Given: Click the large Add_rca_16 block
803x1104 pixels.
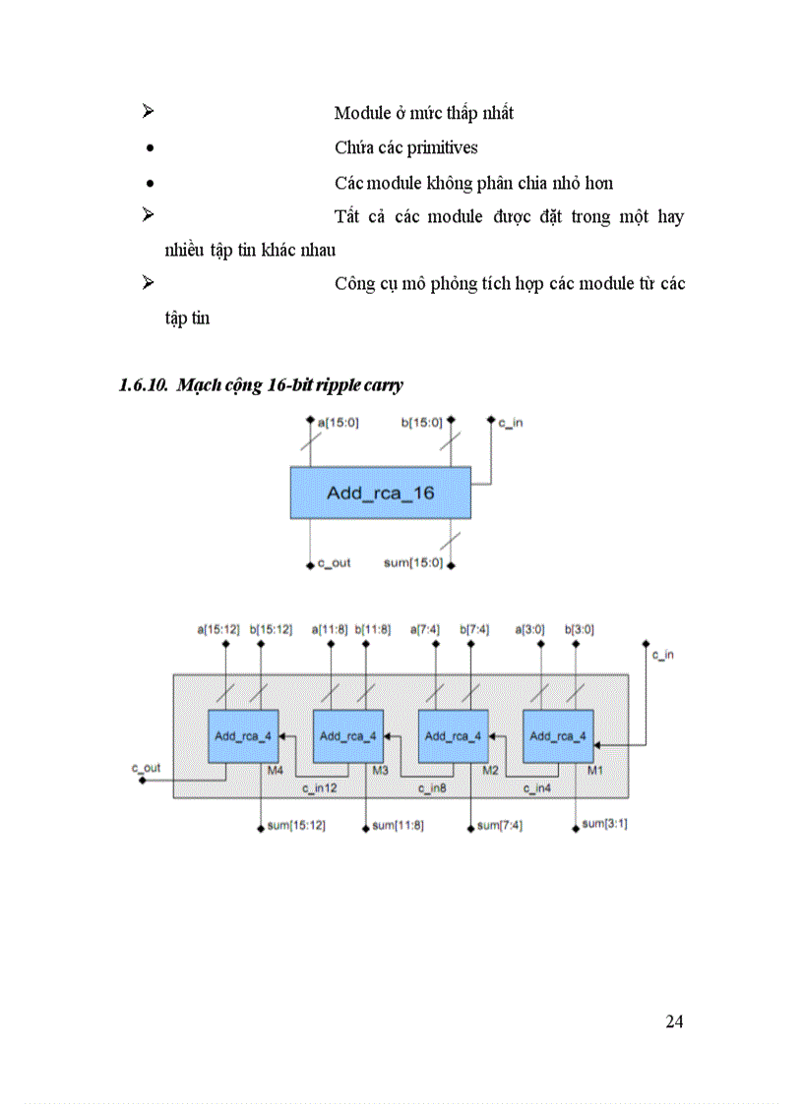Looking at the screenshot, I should coord(380,493).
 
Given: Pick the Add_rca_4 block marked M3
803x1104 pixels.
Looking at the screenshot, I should coord(348,735).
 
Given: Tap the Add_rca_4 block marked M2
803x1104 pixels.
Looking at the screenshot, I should coord(454,735).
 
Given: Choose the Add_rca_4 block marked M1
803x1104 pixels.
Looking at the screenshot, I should coord(558,735).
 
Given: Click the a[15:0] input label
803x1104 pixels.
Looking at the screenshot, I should coord(339,423).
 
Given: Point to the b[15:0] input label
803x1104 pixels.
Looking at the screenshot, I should coord(422,423).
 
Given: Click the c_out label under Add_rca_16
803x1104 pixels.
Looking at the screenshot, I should coord(334,564).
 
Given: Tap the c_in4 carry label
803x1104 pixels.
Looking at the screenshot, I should coord(536,788).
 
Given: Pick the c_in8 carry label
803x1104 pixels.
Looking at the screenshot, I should coord(432,788).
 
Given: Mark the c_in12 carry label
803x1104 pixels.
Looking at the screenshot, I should coord(319,788).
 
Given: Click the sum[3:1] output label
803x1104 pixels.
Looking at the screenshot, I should coord(604,824).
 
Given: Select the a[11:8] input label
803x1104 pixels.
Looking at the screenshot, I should coord(330,629).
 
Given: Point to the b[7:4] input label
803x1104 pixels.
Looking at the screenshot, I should coord(473,629).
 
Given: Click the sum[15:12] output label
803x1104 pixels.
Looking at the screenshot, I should coord(296,826).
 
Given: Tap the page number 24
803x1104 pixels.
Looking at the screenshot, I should coord(674,1021).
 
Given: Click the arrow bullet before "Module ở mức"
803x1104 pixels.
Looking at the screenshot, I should coord(149,112).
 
